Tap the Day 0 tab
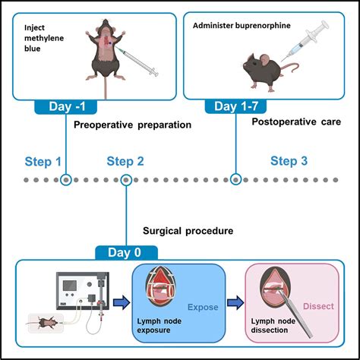click(125, 252)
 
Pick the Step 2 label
click(125, 161)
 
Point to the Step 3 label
click(289, 161)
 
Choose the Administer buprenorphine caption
click(242, 26)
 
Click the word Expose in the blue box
click(204, 307)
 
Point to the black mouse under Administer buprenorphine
click(263, 70)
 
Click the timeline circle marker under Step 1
click(67, 180)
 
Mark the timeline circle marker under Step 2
click(126, 180)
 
